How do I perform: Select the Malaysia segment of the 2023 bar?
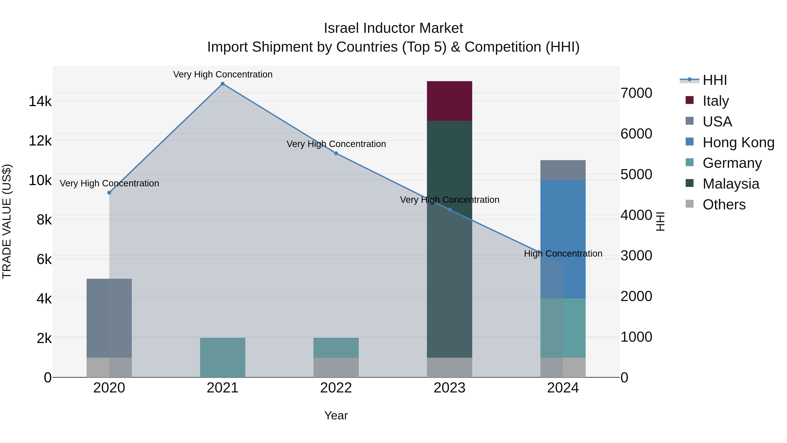(x=449, y=238)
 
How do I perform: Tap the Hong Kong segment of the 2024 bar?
(x=563, y=239)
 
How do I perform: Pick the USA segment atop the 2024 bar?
(x=563, y=170)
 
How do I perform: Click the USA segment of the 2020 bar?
(x=109, y=318)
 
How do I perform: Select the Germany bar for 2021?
(x=222, y=357)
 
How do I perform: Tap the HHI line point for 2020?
(x=109, y=193)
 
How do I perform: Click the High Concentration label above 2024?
(x=563, y=254)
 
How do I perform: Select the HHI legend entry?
(x=714, y=81)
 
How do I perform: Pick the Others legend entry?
(x=724, y=205)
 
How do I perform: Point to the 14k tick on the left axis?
(x=40, y=101)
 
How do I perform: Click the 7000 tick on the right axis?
(x=636, y=93)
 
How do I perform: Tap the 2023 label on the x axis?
(x=449, y=388)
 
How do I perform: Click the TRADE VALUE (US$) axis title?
(x=7, y=221)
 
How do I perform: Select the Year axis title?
(x=336, y=415)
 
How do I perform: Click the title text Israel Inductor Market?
(x=393, y=28)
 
